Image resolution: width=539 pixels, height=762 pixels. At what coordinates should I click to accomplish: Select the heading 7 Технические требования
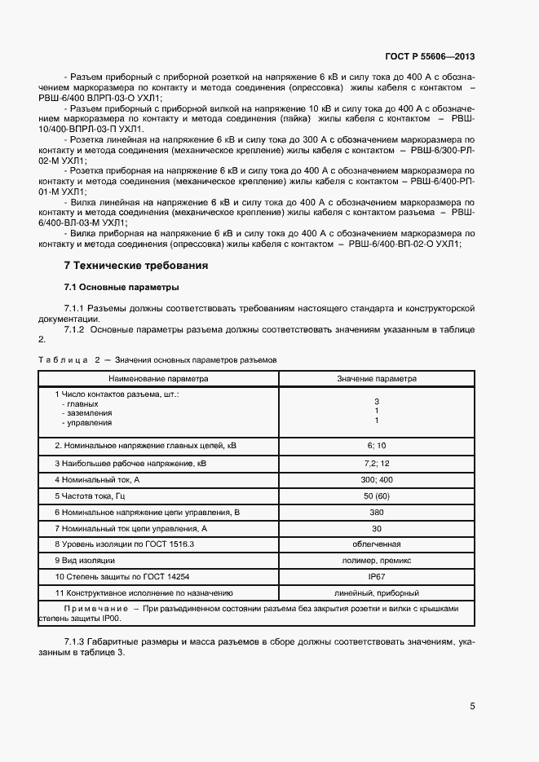click(136, 266)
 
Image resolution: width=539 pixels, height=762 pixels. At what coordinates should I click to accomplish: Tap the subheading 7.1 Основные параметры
click(121, 288)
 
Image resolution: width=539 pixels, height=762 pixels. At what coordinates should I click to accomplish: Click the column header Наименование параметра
click(159, 379)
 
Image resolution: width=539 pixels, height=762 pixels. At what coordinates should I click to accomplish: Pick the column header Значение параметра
click(377, 379)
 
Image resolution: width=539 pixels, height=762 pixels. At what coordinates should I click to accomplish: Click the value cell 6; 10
click(377, 446)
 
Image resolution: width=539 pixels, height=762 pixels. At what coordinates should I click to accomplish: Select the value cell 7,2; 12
click(377, 463)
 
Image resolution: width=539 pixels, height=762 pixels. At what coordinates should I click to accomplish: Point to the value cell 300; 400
click(377, 479)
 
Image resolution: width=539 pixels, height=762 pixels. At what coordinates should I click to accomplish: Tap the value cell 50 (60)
click(377, 496)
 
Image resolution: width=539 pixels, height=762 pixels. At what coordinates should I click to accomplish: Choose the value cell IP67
click(377, 577)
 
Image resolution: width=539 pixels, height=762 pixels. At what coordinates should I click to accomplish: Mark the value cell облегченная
click(377, 544)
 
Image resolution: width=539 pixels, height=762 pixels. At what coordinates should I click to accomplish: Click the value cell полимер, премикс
click(377, 561)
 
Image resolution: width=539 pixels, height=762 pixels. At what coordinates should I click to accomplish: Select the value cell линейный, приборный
click(377, 593)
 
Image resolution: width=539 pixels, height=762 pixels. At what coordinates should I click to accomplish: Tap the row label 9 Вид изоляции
click(85, 561)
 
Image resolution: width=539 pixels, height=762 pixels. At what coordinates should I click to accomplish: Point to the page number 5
click(472, 706)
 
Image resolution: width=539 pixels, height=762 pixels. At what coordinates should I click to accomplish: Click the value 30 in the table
click(377, 528)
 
